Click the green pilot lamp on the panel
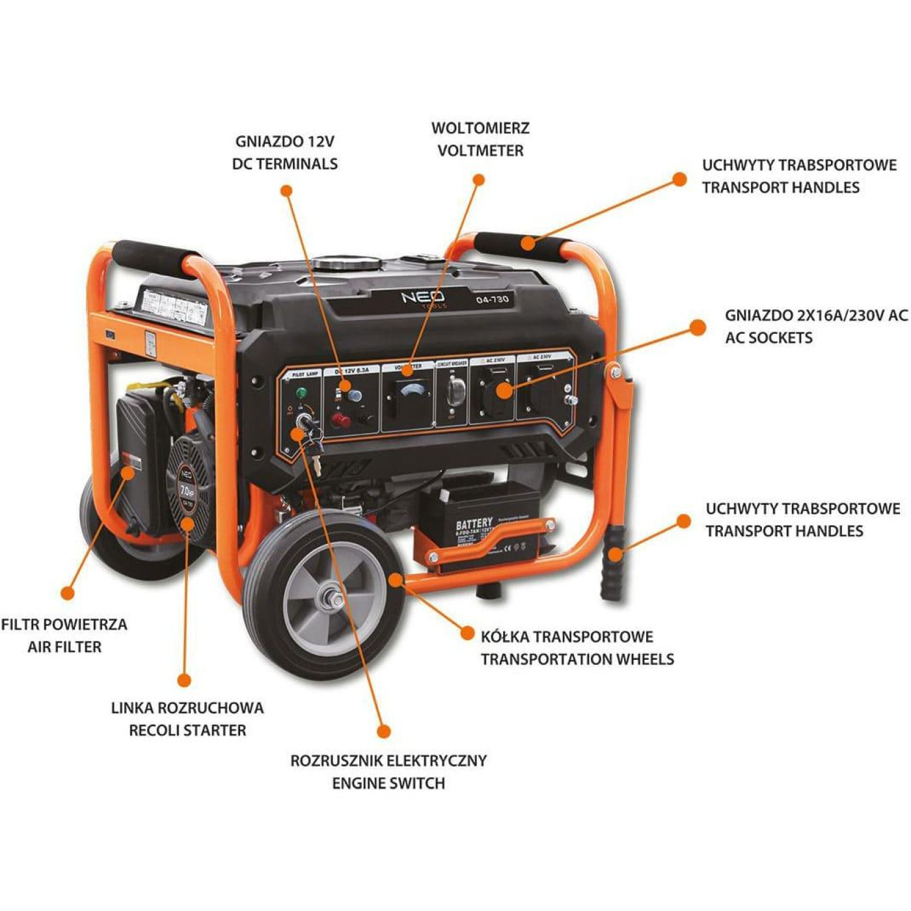[x=301, y=393]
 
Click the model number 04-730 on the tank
[x=492, y=299]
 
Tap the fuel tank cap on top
[x=346, y=264]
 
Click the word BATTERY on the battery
[x=474, y=524]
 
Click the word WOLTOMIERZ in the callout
[x=480, y=128]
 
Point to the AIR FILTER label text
[x=64, y=647]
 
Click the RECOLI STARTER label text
[x=187, y=730]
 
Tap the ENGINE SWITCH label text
[x=388, y=783]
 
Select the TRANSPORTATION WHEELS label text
[x=577, y=659]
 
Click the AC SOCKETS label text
[x=768, y=338]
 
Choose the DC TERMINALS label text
[x=285, y=163]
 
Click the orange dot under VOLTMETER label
[x=479, y=180]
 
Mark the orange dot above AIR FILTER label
[x=67, y=593]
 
